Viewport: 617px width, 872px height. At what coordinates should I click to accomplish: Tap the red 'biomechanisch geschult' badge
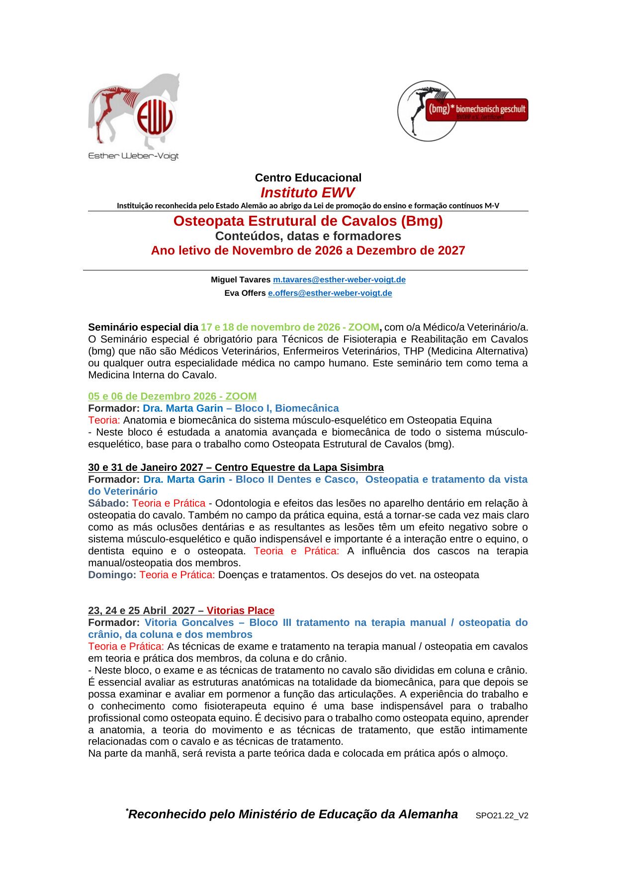[x=476, y=109]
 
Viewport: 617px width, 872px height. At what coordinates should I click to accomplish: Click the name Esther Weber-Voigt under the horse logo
[x=133, y=156]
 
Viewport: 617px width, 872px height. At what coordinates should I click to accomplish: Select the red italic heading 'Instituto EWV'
[x=308, y=193]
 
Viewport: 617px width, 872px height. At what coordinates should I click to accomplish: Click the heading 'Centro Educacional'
[x=308, y=177]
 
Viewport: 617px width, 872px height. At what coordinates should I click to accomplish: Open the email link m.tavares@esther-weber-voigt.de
[x=339, y=280]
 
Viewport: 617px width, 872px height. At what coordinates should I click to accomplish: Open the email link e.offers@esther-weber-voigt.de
[x=330, y=293]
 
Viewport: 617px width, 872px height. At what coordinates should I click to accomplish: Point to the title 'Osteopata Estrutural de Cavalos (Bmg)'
[x=308, y=221]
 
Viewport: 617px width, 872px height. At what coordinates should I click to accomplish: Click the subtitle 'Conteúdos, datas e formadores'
[x=308, y=236]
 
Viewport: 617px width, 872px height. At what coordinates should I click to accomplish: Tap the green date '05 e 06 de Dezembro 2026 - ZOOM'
[x=172, y=396]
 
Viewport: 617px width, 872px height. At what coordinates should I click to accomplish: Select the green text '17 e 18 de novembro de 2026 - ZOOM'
[x=290, y=327]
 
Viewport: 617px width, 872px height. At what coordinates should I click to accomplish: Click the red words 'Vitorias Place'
[x=240, y=610]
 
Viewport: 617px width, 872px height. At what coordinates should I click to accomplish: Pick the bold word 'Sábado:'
[x=108, y=503]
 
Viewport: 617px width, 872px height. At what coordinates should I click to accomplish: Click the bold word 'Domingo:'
[x=112, y=575]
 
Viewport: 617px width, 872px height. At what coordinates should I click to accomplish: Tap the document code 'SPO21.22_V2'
[x=502, y=816]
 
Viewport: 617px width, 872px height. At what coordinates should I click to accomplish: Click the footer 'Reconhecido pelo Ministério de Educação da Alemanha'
[x=293, y=814]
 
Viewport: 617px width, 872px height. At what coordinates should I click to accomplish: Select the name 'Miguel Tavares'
[x=241, y=280]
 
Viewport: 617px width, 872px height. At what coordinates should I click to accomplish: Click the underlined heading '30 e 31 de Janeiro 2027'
[x=146, y=467]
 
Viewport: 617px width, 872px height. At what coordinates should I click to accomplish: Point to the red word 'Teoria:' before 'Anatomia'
[x=104, y=420]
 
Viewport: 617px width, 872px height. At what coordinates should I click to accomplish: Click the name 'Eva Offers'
[x=245, y=293]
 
